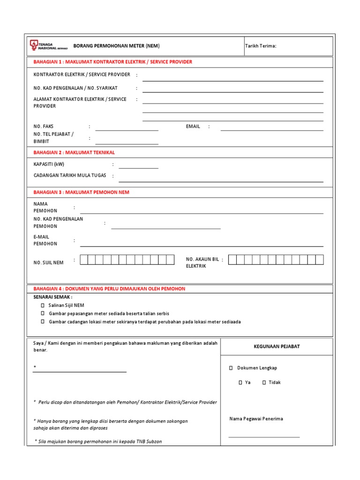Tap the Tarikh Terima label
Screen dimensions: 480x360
click(261, 46)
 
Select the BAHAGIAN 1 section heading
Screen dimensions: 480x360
click(112, 62)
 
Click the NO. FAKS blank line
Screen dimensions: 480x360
click(127, 129)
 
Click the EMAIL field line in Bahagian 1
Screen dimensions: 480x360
click(271, 129)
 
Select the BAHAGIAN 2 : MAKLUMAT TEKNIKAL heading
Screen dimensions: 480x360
click(74, 153)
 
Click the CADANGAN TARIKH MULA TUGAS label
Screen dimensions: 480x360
click(70, 175)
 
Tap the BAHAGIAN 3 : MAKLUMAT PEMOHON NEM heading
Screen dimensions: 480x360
click(81, 192)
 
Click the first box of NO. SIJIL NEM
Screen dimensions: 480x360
click(84, 260)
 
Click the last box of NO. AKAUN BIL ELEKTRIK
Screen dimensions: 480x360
click(319, 260)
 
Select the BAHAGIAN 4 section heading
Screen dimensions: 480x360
click(109, 289)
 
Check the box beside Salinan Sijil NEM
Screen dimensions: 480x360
click(43, 305)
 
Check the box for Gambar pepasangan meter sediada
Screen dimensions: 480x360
click(43, 313)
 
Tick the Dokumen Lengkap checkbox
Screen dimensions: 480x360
click(231, 368)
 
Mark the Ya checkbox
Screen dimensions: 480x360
click(240, 382)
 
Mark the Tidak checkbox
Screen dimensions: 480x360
click(264, 382)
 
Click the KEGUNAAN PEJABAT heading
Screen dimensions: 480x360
click(277, 346)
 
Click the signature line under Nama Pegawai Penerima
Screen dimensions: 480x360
click(264, 436)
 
